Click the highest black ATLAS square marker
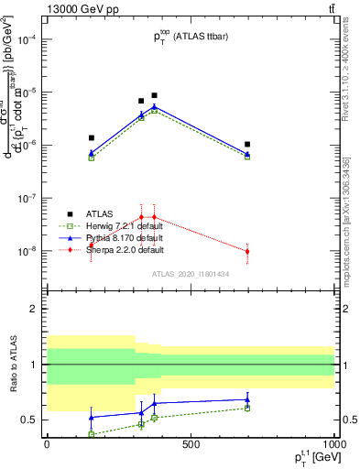(154, 95)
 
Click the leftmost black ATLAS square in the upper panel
(91, 137)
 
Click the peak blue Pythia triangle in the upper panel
(154, 107)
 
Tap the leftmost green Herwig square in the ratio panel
(91, 433)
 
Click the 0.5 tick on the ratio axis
(31, 420)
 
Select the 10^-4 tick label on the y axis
(29, 39)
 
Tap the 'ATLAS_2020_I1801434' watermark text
(191, 273)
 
